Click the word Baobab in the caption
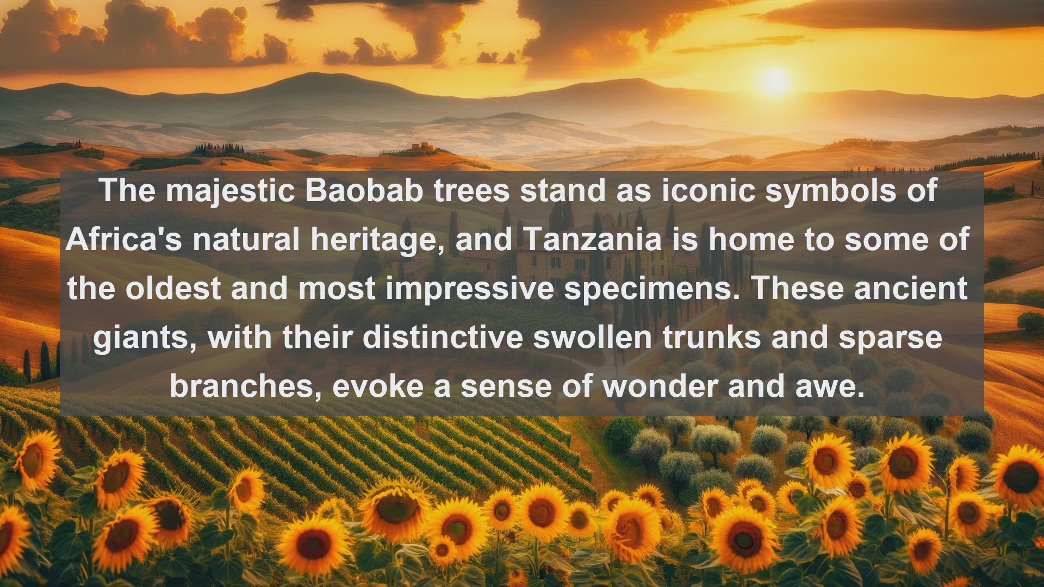pyautogui.click(x=364, y=190)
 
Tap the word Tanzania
pyautogui.click(x=593, y=239)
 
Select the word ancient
pyautogui.click(x=911, y=288)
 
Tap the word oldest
pyautogui.click(x=173, y=288)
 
